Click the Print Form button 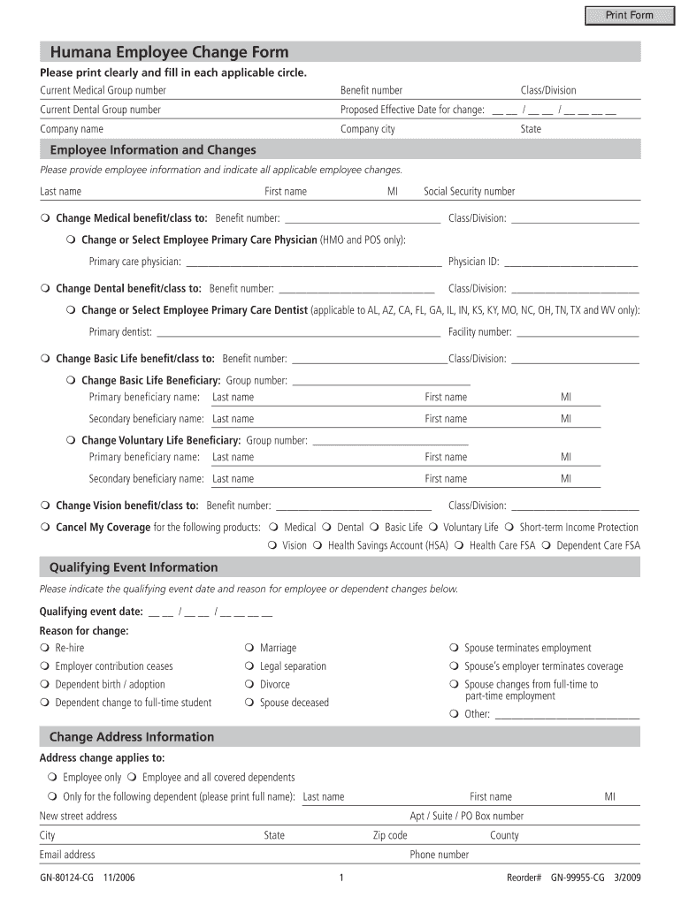pos(629,15)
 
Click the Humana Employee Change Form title pos(169,52)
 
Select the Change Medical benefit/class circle pos(45,218)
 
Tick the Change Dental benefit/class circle pos(45,289)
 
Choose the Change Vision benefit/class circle pos(45,506)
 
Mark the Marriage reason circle pos(250,649)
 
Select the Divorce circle pos(250,685)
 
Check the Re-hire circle pos(45,649)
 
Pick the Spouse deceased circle pos(250,703)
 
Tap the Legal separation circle pos(250,666)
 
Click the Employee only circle pos(52,778)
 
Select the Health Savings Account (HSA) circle pos(318,546)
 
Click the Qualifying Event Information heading pos(134,567)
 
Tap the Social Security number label pos(469,192)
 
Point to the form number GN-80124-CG pos(67,878)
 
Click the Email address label pos(67,855)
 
